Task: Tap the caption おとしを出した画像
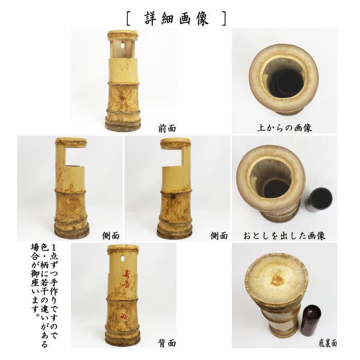pos(284,236)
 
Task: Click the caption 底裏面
pos(327,343)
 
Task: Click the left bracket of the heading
pos(128,19)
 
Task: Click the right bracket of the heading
pos(223,19)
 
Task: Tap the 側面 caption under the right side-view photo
pos(219,236)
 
